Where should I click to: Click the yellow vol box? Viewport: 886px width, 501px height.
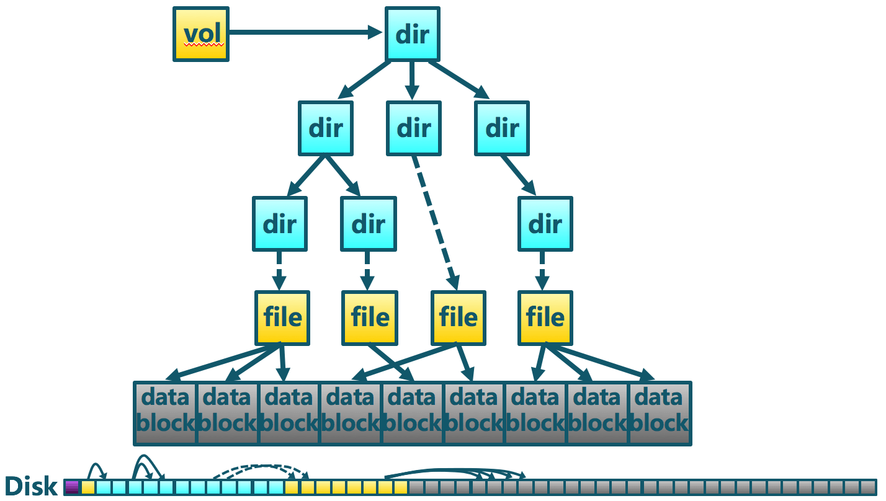click(200, 34)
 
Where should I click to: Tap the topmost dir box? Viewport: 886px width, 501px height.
click(413, 34)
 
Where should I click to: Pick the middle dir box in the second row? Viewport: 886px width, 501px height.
click(414, 128)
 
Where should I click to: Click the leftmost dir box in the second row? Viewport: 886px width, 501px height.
click(326, 128)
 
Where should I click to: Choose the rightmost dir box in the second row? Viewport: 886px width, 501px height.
click(502, 128)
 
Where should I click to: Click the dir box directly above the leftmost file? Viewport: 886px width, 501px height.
click(280, 223)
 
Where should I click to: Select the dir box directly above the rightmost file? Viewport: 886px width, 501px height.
click(545, 223)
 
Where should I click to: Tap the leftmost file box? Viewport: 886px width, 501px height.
click(282, 317)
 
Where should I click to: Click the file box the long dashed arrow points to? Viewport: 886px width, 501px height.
click(459, 317)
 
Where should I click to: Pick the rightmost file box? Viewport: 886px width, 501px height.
click(545, 317)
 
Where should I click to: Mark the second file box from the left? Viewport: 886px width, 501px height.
click(370, 317)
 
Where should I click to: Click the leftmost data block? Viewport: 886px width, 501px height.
click(165, 413)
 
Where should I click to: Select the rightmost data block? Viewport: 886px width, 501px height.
click(660, 413)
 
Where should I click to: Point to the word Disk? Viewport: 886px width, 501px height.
click(31, 486)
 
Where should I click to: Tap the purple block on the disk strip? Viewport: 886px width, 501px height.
click(72, 487)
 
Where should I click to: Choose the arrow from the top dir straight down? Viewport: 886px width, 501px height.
click(411, 81)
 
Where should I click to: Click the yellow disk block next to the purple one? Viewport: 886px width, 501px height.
click(88, 487)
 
